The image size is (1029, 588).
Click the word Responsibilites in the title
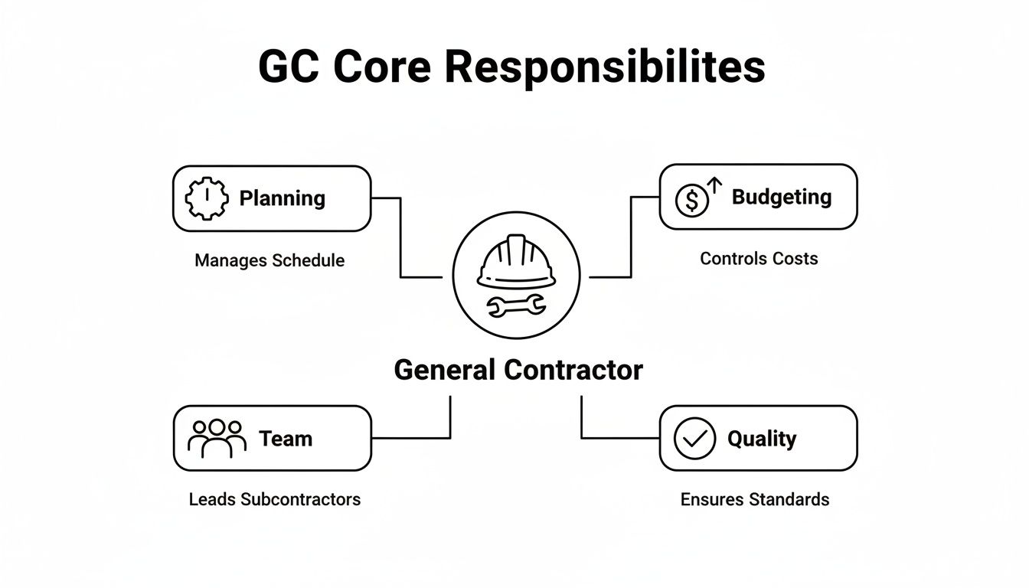604,68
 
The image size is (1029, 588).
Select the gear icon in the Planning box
207,198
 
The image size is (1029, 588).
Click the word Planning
282,198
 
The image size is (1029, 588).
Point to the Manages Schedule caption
269,260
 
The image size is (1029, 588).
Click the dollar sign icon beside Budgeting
692,201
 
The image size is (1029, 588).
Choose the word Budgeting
781,197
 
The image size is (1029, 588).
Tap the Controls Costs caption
759,259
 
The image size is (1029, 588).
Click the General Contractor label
518,371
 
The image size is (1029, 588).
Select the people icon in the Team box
217,438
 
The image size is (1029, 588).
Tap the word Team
286,439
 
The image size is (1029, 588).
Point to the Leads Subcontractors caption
274,499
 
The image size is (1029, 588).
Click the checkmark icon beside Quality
694,439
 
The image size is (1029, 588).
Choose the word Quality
761,439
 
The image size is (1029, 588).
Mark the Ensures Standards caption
754,500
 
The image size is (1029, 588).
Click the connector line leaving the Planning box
400,237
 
